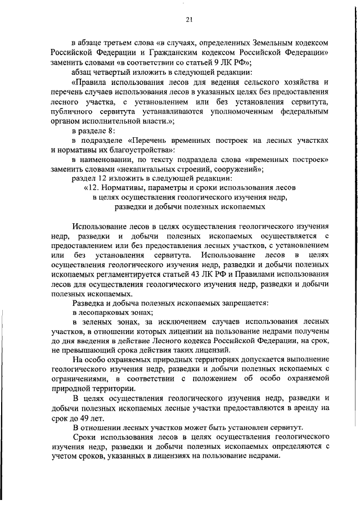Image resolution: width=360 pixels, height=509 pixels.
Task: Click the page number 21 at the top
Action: coord(189,20)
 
